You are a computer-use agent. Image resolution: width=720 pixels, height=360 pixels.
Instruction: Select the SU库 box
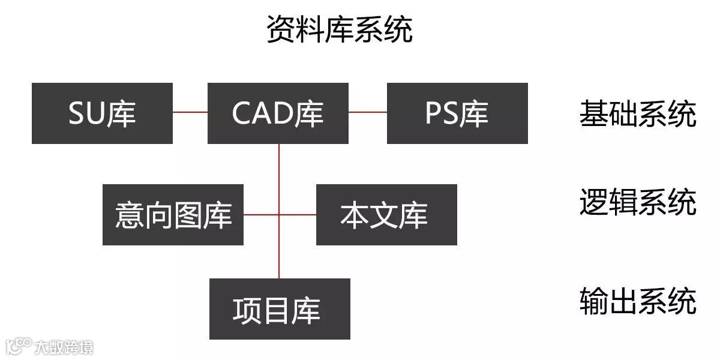(102, 113)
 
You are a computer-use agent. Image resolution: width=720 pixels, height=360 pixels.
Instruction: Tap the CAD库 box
(278, 113)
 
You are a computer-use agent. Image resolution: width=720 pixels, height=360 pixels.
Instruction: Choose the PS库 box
(457, 113)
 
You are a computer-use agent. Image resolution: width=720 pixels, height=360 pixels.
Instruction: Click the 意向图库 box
(173, 215)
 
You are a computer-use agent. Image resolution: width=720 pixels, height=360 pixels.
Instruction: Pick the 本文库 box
(386, 215)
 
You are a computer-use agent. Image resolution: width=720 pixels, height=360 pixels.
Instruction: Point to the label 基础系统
(637, 114)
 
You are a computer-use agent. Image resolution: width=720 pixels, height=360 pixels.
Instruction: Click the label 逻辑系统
(637, 202)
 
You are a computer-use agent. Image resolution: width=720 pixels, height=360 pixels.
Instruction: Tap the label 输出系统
(637, 301)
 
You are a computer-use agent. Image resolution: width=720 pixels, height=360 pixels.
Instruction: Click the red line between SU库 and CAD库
(190, 112)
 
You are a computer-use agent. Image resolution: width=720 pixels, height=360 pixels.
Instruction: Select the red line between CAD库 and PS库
(367, 112)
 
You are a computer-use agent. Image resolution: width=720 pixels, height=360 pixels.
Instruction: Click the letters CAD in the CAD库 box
(262, 113)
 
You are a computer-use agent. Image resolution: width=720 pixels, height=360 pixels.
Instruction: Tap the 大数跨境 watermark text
(64, 347)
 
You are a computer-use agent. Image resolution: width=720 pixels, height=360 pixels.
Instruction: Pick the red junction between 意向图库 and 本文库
(279, 214)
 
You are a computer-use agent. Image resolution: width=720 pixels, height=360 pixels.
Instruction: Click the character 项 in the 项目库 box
(246, 310)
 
